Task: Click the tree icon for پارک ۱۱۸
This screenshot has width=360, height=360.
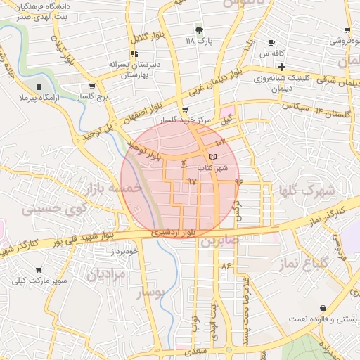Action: [199, 30]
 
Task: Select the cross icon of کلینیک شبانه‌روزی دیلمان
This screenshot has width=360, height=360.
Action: [281, 66]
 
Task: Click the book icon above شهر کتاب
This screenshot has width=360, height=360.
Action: [213, 156]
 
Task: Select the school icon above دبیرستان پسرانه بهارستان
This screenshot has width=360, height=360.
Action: [134, 53]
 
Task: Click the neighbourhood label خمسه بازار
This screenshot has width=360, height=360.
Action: [113, 188]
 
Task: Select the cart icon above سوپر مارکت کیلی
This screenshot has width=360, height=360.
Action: [39, 270]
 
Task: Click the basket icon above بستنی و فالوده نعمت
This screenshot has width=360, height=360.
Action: [323, 308]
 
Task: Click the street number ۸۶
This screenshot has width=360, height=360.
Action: [226, 266]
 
